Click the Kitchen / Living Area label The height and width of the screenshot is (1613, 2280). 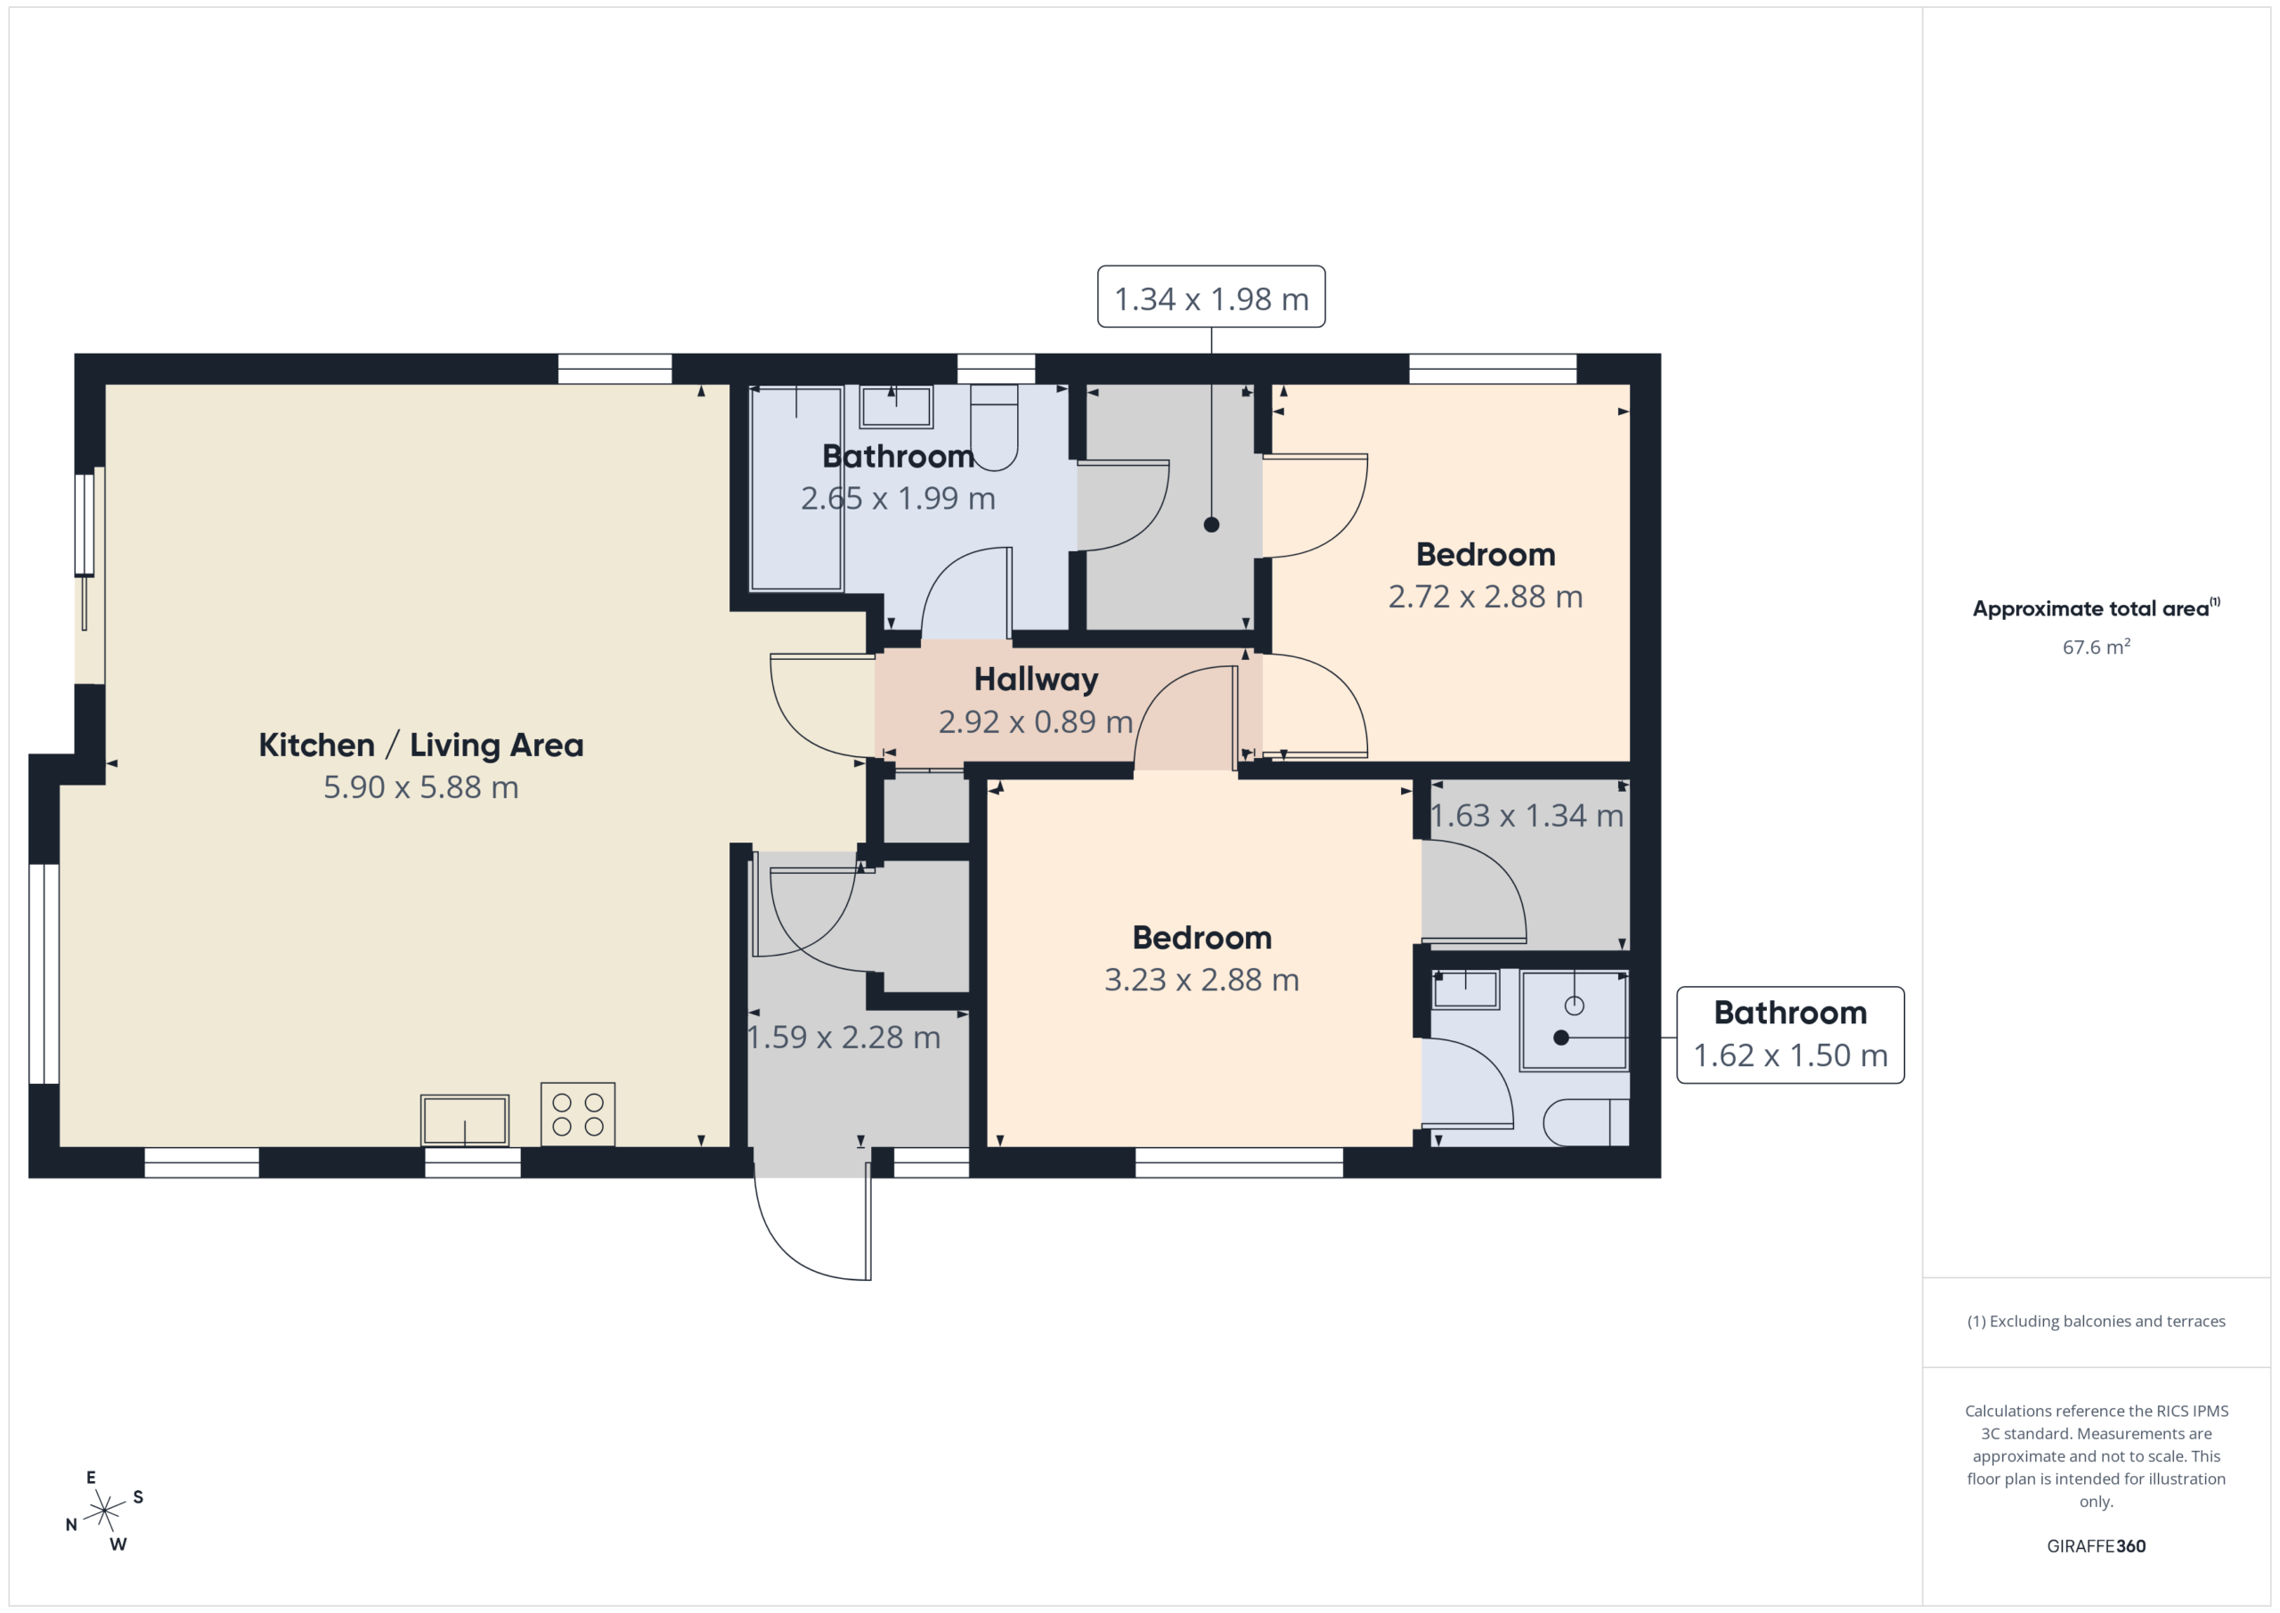pyautogui.click(x=421, y=745)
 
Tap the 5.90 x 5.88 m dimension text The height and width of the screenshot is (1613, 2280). pyautogui.click(x=421, y=787)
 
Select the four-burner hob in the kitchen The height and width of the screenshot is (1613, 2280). pyautogui.click(x=578, y=1114)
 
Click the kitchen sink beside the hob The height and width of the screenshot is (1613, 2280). pyautogui.click(x=465, y=1120)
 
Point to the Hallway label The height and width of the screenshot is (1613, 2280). pyautogui.click(x=1036, y=680)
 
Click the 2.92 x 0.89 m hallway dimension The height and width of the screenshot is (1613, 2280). pyautogui.click(x=1036, y=721)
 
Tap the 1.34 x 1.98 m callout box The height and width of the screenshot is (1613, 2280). pyautogui.click(x=1211, y=297)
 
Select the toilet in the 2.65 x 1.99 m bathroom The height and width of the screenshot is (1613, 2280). pyautogui.click(x=994, y=428)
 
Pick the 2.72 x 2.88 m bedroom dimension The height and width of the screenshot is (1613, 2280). pyautogui.click(x=1486, y=597)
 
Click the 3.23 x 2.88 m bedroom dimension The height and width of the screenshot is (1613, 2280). pyautogui.click(x=1201, y=981)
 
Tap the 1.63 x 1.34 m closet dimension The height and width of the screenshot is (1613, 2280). pyautogui.click(x=1527, y=816)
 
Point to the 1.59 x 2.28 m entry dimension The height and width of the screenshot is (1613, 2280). pyautogui.click(x=843, y=1037)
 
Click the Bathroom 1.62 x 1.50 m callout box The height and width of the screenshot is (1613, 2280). pyautogui.click(x=1790, y=1035)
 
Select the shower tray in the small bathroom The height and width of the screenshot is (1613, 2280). pyautogui.click(x=1575, y=1020)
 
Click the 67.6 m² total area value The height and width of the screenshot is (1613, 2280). pyautogui.click(x=2097, y=648)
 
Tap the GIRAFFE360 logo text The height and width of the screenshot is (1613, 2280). pyautogui.click(x=2097, y=1545)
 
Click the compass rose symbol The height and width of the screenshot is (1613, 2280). pyautogui.click(x=104, y=1511)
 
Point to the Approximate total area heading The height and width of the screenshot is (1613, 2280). pyautogui.click(x=2097, y=607)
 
